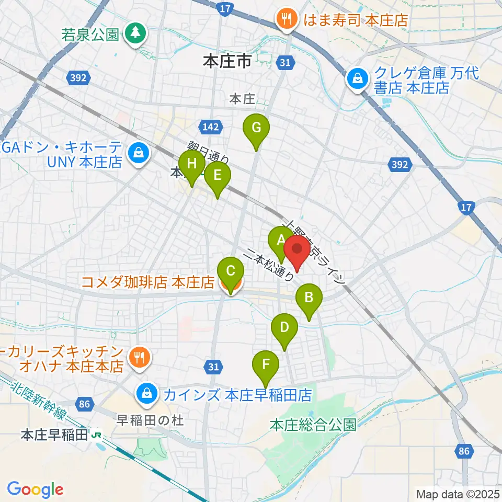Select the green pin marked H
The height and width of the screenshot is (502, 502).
pos(192,164)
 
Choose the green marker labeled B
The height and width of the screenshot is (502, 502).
pos(309,299)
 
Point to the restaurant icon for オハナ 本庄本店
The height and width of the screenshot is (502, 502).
pos(138,358)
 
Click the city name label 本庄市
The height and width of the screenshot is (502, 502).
pos(227,62)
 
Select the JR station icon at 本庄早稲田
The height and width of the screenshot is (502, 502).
pos(96,434)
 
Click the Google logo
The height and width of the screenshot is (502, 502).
pos(35,489)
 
